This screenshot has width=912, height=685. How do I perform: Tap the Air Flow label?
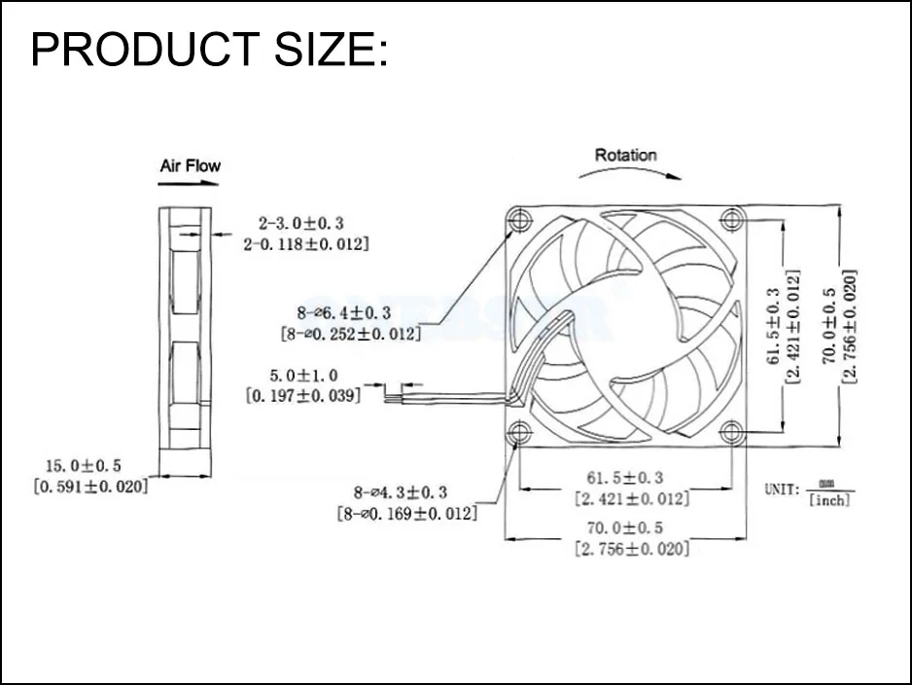point(190,165)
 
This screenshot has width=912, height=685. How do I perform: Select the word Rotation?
point(625,155)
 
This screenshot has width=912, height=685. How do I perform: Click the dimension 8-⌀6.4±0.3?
point(345,313)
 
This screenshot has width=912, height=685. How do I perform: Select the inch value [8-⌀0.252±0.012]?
point(350,334)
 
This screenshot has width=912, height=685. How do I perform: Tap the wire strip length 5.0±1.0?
point(305,374)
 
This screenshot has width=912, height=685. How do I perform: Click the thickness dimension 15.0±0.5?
point(91,466)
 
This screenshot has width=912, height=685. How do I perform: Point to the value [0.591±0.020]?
point(91,487)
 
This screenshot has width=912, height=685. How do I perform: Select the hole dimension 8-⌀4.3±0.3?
point(401,492)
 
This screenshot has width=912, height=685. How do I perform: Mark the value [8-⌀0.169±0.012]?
point(406,513)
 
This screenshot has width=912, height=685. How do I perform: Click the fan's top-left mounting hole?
point(521,220)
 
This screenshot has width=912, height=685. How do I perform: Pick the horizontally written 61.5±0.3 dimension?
point(625,478)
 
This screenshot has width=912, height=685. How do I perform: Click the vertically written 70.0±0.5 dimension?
point(828,325)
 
